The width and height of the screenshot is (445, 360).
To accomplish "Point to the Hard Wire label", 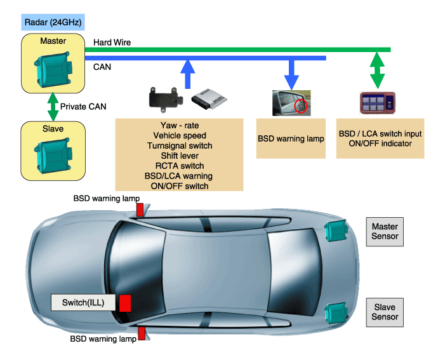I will (x=112, y=43).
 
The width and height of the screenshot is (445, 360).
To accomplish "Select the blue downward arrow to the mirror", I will (x=291, y=73).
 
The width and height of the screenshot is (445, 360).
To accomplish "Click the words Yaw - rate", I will (x=180, y=125).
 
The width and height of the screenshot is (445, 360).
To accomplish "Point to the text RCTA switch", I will (x=180, y=166).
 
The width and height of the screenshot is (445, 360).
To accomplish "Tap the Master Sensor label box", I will (x=385, y=231).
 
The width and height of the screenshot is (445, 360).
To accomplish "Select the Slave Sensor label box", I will (x=385, y=312).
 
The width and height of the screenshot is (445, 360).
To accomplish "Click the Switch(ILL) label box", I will (x=83, y=302).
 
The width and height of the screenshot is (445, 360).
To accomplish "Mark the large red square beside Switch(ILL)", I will (x=125, y=303).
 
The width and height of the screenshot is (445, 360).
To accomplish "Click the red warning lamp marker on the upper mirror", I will (x=141, y=209).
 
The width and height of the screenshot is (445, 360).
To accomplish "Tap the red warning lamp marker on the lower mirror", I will (x=141, y=333).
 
